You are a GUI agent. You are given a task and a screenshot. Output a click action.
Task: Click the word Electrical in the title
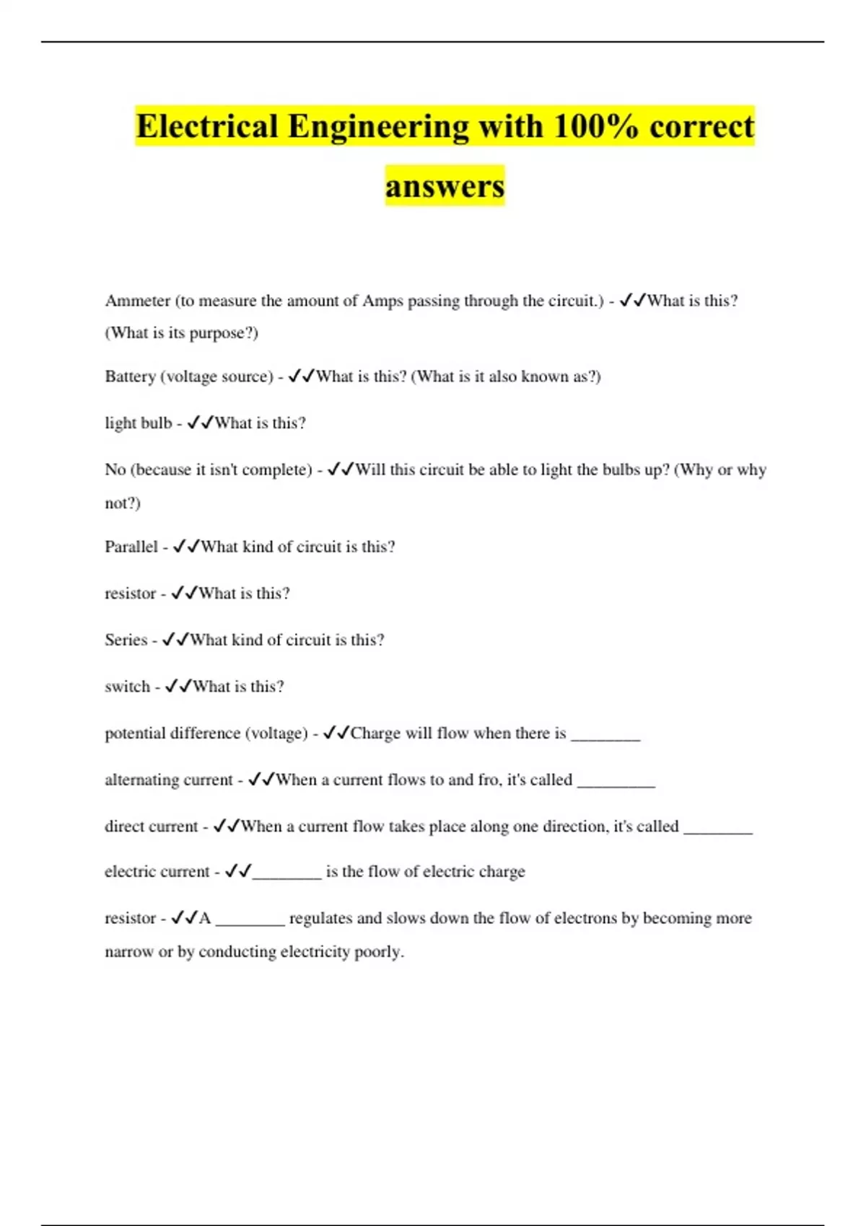(x=207, y=126)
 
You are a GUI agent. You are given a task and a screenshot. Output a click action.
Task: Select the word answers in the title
(x=445, y=186)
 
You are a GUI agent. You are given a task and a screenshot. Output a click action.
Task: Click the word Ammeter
(x=137, y=301)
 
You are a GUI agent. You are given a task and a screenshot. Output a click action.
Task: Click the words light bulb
(x=138, y=423)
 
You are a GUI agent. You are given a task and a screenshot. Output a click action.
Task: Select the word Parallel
(x=131, y=547)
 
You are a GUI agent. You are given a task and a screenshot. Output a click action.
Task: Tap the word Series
(x=126, y=640)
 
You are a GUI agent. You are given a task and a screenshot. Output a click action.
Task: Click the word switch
(x=127, y=687)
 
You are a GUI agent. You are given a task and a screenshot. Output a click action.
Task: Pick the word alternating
(x=141, y=780)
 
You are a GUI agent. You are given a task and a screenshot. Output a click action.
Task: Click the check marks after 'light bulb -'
(x=199, y=423)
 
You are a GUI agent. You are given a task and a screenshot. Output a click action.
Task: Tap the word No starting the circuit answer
(x=115, y=469)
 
